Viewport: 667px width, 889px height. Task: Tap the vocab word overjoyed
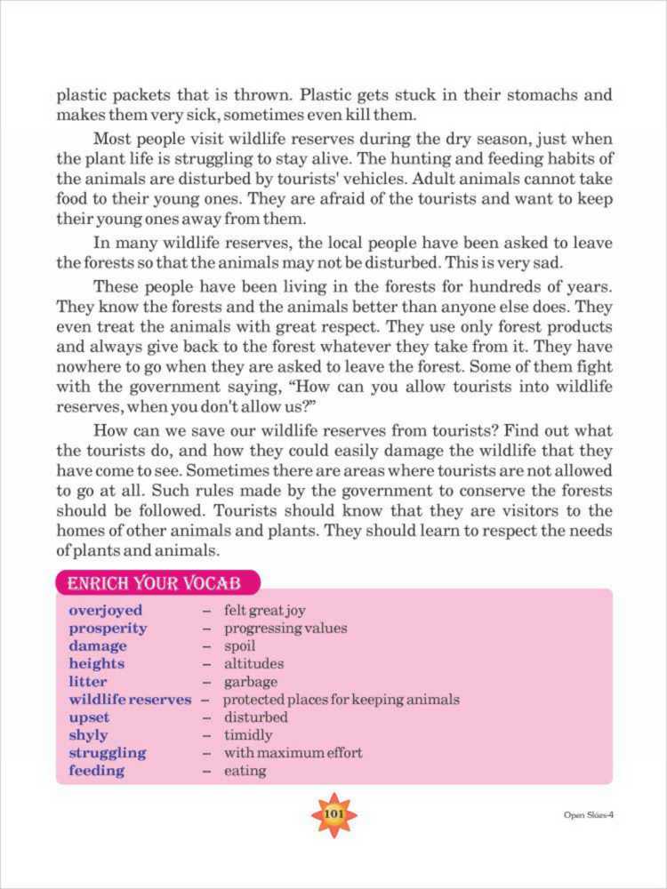tap(105, 611)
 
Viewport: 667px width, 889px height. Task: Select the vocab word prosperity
tap(108, 629)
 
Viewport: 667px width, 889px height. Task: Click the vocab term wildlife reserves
tap(130, 700)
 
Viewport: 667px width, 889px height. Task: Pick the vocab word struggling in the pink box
tap(108, 753)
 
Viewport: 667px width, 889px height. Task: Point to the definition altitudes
tap(253, 664)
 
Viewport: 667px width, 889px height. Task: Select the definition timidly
tap(248, 735)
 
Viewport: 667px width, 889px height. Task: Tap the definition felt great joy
tap(264, 611)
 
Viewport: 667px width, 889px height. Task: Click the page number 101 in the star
tap(333, 814)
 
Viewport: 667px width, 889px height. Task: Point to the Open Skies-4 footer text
tap(588, 816)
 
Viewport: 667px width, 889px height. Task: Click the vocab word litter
tap(87, 682)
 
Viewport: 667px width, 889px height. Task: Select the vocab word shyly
tap(88, 735)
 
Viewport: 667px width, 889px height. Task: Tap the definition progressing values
tap(285, 629)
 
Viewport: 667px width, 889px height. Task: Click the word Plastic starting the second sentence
tap(326, 94)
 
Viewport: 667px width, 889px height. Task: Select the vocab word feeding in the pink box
tap(96, 771)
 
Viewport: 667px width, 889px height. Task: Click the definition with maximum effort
tap(293, 753)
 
